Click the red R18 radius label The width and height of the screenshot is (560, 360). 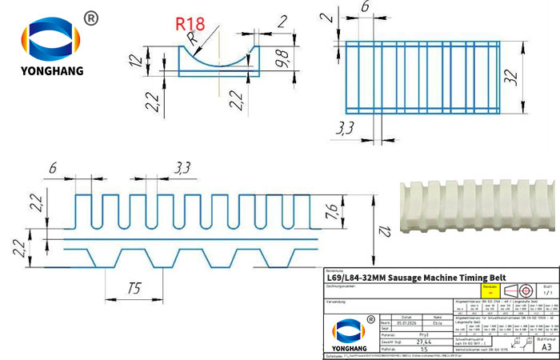[193, 23]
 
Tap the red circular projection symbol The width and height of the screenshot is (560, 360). [524, 290]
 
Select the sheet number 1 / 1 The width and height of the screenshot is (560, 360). [546, 294]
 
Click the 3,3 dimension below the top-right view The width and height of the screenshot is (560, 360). [346, 127]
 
